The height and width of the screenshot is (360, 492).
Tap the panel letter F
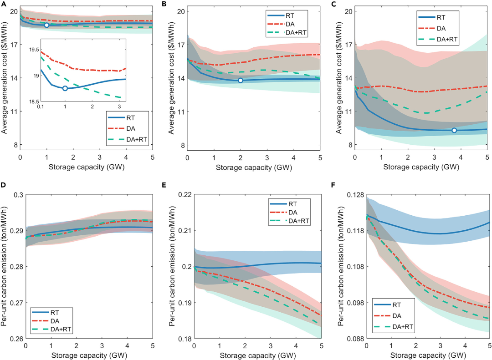[x=338, y=186]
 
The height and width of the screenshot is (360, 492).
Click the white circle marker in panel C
[x=454, y=130]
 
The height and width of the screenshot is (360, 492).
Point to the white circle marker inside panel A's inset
[x=65, y=88]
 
